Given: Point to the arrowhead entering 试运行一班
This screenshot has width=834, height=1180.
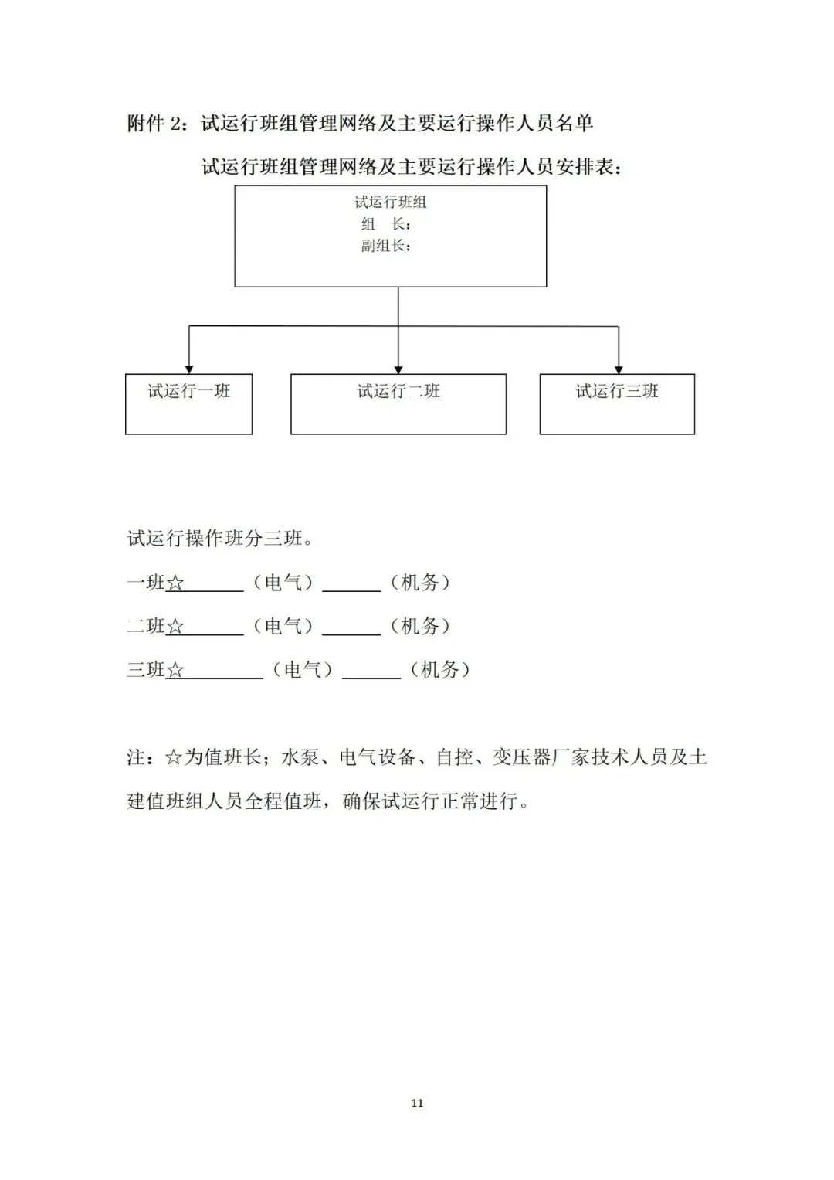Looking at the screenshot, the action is pyautogui.click(x=189, y=370).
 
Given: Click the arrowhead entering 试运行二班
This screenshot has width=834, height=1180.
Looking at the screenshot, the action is pyautogui.click(x=398, y=370).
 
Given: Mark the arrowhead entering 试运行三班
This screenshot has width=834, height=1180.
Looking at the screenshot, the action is pyautogui.click(x=619, y=370).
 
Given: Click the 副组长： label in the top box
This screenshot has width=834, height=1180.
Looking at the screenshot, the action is pyautogui.click(x=386, y=246).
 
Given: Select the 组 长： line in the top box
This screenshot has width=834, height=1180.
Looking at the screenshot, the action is pyautogui.click(x=386, y=224).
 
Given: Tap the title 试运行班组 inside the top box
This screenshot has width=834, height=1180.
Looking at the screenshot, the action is pyautogui.click(x=390, y=202).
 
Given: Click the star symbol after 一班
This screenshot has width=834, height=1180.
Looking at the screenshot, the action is pyautogui.click(x=175, y=583).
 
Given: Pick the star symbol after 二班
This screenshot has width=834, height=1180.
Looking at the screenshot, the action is pyautogui.click(x=175, y=627).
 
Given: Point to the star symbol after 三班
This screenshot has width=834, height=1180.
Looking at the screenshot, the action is pyautogui.click(x=175, y=671).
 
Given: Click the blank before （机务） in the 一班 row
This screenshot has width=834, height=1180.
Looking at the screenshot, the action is pyautogui.click(x=351, y=591).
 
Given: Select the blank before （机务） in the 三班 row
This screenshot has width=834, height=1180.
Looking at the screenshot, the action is pyautogui.click(x=371, y=678).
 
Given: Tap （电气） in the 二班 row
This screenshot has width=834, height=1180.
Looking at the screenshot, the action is pyautogui.click(x=283, y=627).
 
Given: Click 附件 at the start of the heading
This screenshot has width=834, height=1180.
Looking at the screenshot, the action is pyautogui.click(x=146, y=124).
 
